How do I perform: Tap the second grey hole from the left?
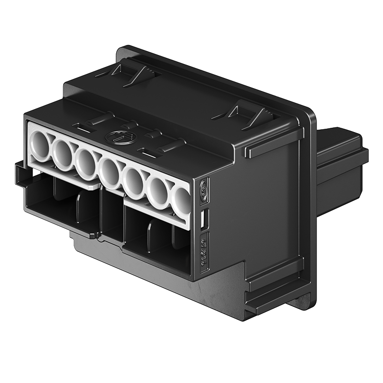[63, 153]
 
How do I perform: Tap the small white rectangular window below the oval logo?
[203, 218]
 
